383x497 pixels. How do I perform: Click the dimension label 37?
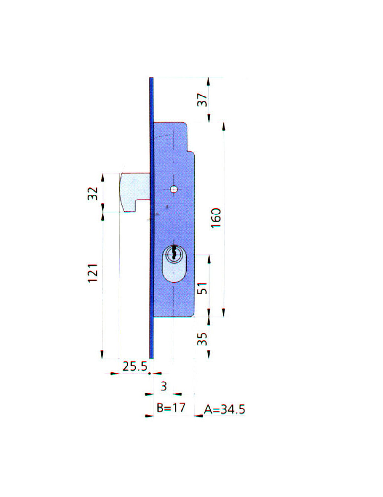tap(202, 100)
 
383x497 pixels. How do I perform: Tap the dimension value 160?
tap(216, 218)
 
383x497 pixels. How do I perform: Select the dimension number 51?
tap(202, 288)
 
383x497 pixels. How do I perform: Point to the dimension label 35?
tap(202, 338)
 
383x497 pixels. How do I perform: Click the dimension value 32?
tap(92, 193)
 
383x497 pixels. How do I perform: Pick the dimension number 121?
tap(92, 273)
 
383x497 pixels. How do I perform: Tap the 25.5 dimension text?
tap(135, 366)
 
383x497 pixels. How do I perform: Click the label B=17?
tap(171, 408)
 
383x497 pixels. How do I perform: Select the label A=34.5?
tap(225, 409)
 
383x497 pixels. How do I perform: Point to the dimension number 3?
tap(163, 386)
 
